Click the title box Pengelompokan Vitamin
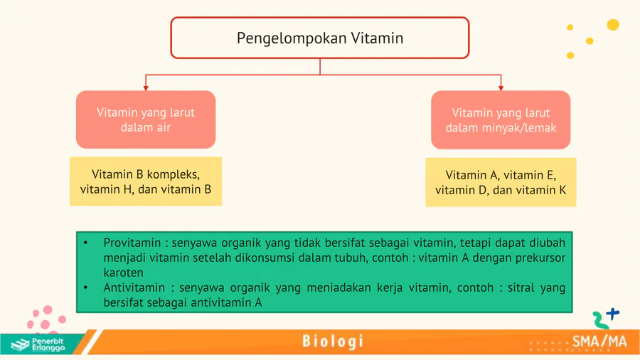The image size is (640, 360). [x=320, y=38]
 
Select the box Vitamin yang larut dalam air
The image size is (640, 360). [x=146, y=120]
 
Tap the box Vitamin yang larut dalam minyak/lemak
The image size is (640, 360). [x=501, y=120]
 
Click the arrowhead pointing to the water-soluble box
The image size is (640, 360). [x=146, y=88]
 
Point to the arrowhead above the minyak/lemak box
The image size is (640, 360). [x=501, y=88]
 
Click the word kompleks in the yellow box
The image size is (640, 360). [x=173, y=175]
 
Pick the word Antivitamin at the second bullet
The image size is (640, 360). [x=134, y=287]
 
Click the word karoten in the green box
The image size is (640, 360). [x=123, y=272]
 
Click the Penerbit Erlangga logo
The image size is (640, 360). [x=38, y=344]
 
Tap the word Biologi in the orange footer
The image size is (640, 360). [x=333, y=342]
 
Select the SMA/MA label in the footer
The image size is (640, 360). [x=599, y=342]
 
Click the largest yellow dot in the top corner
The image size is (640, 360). [x=613, y=25]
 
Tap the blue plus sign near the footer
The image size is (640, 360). [x=613, y=314]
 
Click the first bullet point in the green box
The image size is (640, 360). [x=86, y=243]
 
